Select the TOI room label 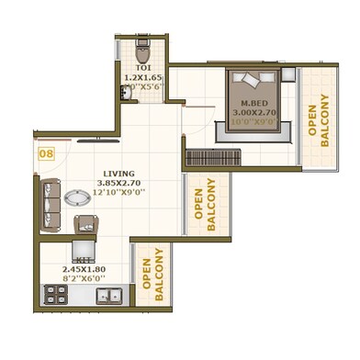pos(142,67)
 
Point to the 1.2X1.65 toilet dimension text pos(142,79)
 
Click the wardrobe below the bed pos(213,157)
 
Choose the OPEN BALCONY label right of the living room pos(204,210)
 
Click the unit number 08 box pos(45,154)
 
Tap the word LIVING pos(119,172)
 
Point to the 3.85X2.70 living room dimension pos(119,183)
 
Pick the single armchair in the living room pos(86,223)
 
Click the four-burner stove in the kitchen pos(55,295)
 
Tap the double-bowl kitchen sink pos(109,295)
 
